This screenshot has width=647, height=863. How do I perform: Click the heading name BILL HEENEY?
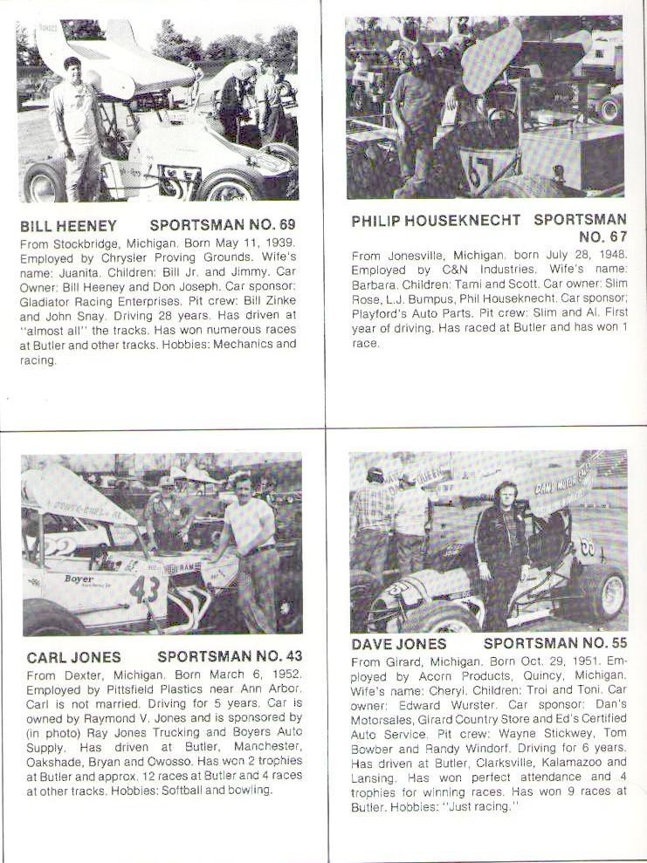tap(68, 225)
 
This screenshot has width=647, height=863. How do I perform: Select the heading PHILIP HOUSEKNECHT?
tap(437, 221)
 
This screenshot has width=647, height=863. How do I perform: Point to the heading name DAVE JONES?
tap(398, 644)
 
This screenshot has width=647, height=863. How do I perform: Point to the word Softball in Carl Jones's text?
tap(185, 791)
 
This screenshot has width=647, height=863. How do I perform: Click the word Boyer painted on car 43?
tap(79, 578)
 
